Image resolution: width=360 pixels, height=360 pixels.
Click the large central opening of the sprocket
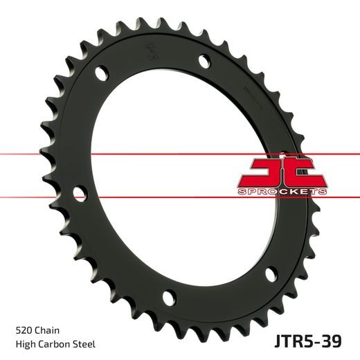point(173,180)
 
